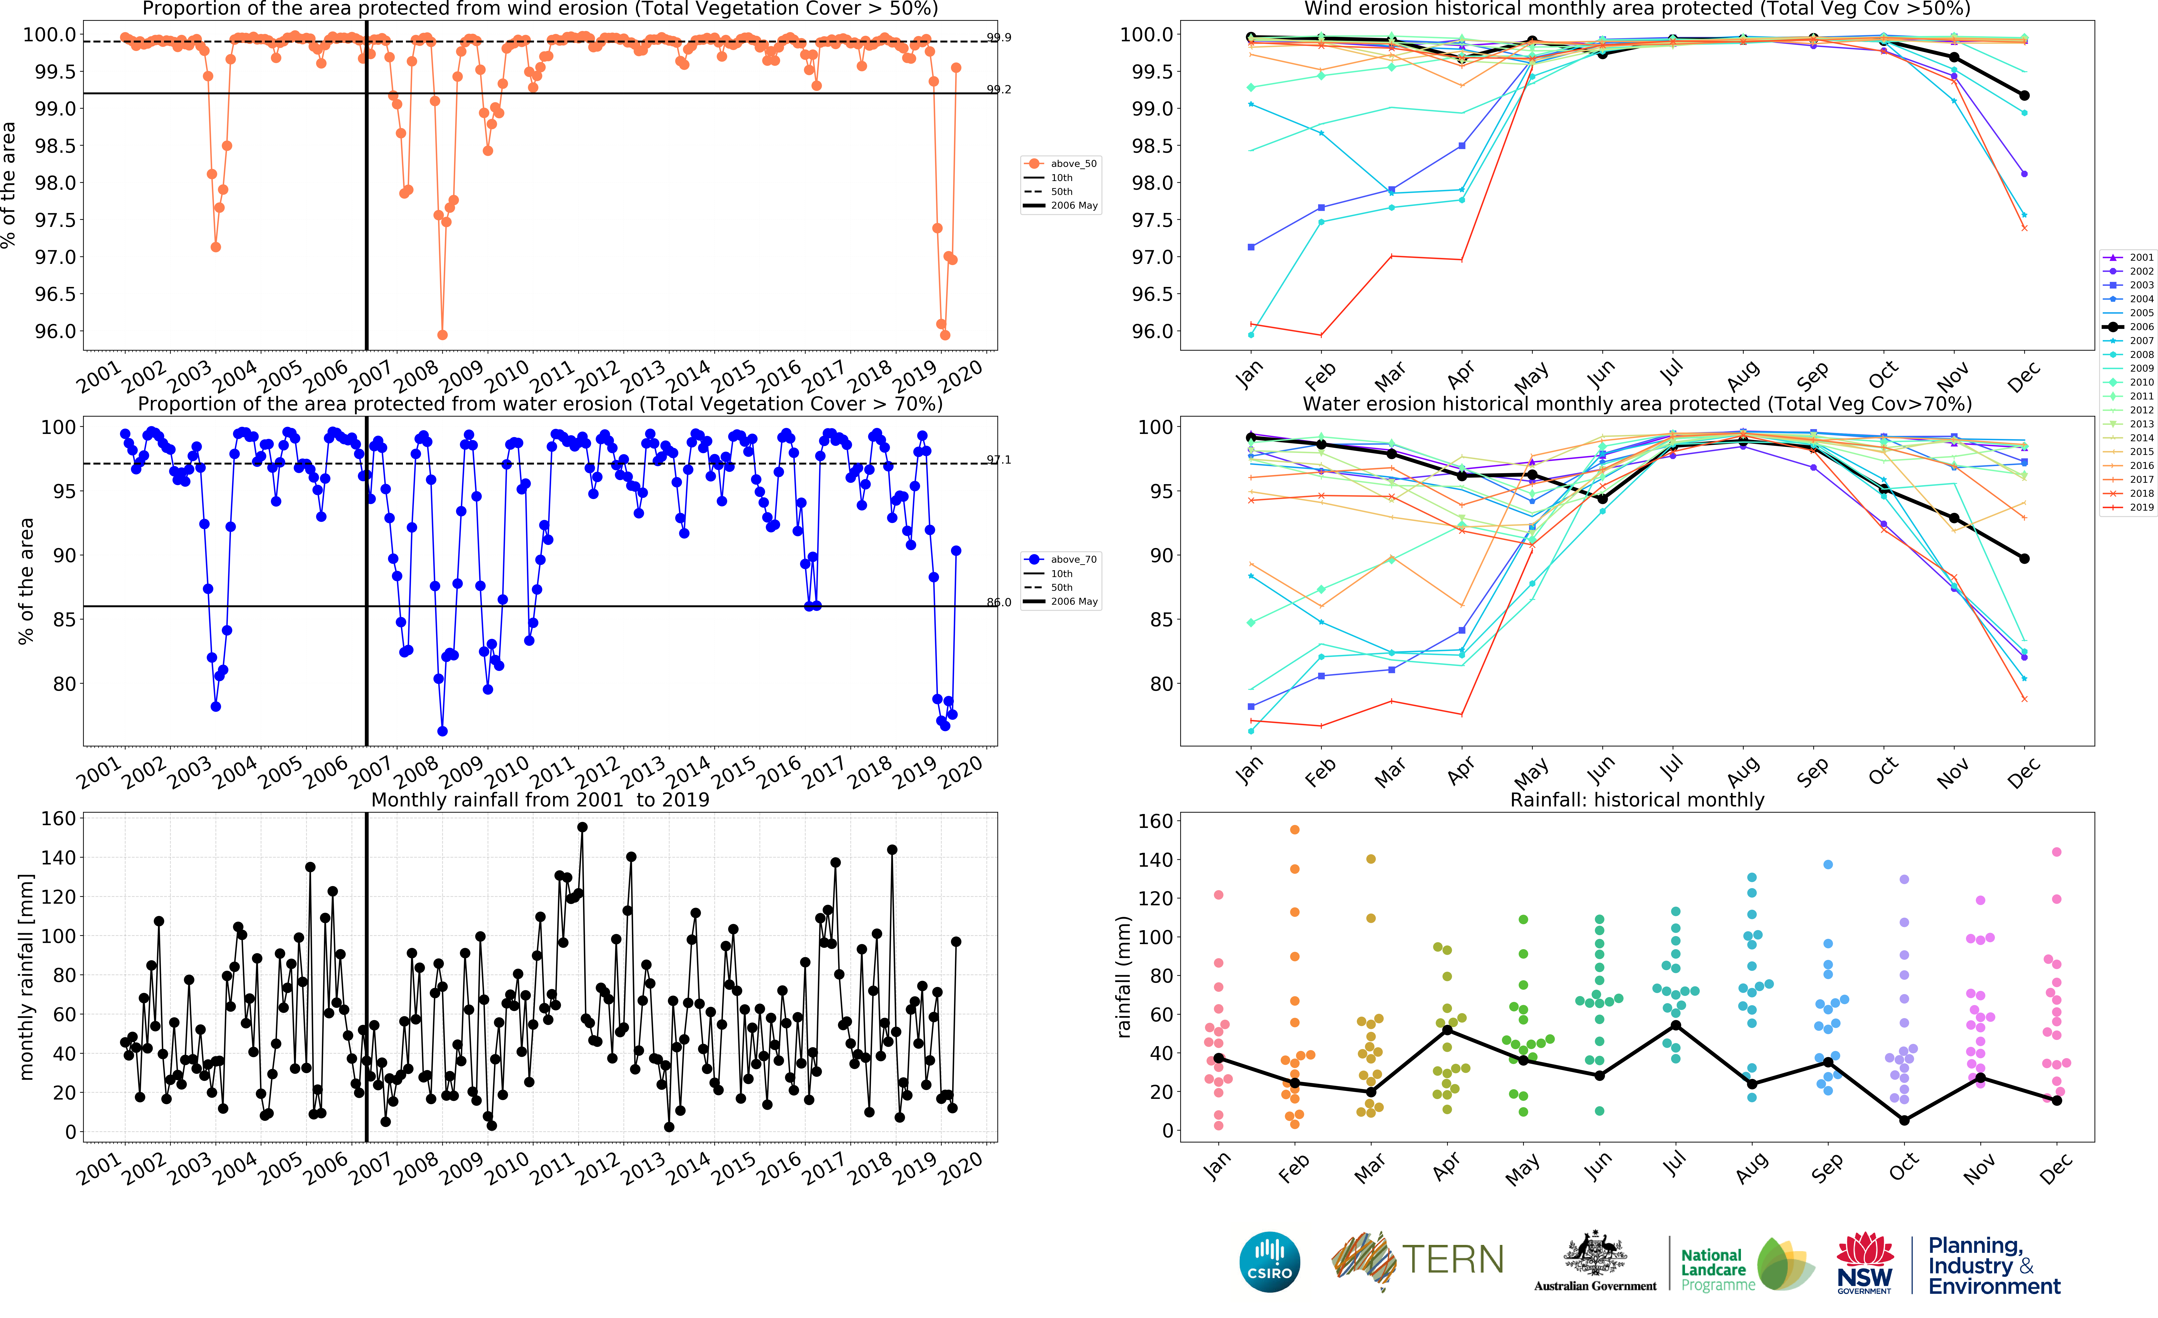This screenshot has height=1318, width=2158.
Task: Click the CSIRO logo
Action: point(1269,1262)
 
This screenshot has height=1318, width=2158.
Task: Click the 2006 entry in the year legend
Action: point(2128,327)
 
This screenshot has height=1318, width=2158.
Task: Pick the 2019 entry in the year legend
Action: point(2128,507)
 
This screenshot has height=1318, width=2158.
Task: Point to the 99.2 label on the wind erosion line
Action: point(999,89)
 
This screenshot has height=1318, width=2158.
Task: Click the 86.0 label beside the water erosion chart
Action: point(999,603)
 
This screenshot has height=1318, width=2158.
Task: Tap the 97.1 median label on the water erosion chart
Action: point(999,460)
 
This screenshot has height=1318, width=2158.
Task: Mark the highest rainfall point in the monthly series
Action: point(582,827)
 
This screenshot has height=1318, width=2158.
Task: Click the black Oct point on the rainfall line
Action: point(1904,1120)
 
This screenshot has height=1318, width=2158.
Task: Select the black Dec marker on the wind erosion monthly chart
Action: point(2024,95)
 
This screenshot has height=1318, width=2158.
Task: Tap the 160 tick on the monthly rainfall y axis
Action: point(59,818)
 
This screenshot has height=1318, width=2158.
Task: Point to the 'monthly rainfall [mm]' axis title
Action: point(26,977)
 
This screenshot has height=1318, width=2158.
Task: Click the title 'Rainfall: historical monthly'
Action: point(1637,800)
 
